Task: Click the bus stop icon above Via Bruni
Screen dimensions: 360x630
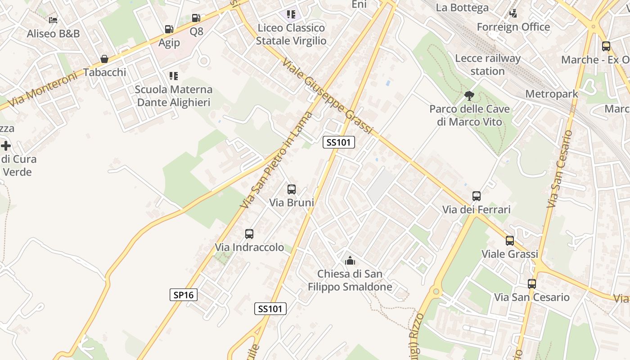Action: point(292,189)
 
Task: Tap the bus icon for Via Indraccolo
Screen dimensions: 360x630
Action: point(249,234)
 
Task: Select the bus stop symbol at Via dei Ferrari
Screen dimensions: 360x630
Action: point(477,196)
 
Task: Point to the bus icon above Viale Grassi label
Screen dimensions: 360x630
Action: point(510,241)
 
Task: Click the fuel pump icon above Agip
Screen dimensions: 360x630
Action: point(169,29)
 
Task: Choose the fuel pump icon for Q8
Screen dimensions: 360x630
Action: point(196,18)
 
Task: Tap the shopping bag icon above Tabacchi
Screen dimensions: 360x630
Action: point(104,59)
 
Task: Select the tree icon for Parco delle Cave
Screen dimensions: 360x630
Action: point(469,95)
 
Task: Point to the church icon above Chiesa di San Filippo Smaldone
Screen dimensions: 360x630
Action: point(350,260)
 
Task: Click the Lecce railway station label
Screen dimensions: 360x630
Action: point(488,65)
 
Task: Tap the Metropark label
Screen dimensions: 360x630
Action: point(552,94)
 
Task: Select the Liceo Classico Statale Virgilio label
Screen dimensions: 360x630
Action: point(291,34)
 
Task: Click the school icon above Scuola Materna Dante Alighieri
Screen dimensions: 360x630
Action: point(174,76)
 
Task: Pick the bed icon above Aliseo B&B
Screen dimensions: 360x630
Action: point(53,20)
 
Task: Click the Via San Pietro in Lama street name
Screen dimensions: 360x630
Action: point(276,160)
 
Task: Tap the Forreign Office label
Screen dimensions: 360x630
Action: point(513,27)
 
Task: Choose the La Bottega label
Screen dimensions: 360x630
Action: point(462,8)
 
